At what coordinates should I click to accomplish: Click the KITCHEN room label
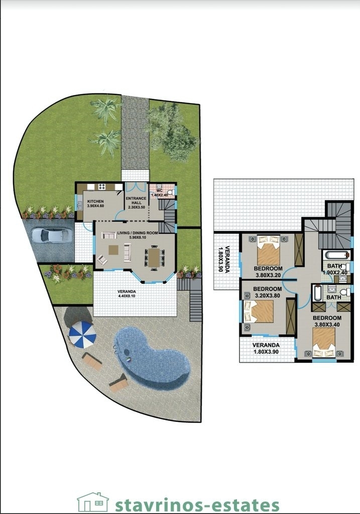[x=95, y=201]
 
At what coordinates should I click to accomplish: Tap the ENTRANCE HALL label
[x=137, y=200]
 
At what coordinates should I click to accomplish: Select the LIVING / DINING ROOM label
[x=138, y=233]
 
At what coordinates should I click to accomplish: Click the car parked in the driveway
[x=51, y=235]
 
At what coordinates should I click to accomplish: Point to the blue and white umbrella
[x=82, y=334]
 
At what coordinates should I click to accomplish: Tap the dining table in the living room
[x=154, y=258]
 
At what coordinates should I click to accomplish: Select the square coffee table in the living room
[x=113, y=250]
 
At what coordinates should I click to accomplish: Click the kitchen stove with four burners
[x=102, y=187]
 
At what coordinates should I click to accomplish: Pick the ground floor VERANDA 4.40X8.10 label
[x=127, y=293]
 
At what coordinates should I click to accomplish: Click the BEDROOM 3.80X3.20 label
[x=268, y=272]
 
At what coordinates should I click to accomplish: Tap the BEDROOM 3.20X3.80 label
[x=267, y=292]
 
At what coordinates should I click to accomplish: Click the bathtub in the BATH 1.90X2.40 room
[x=335, y=255]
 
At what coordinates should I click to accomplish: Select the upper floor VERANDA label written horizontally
[x=266, y=348]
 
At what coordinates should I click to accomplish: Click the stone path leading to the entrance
[x=135, y=132]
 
